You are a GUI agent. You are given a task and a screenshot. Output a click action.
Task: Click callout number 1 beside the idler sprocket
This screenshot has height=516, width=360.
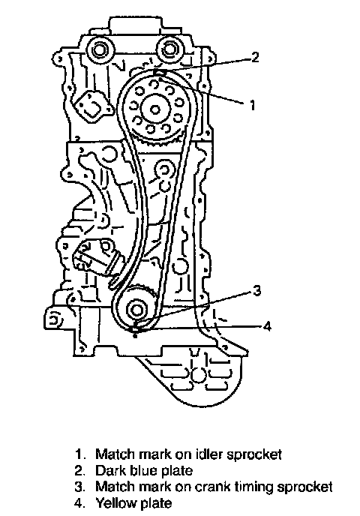[252, 105]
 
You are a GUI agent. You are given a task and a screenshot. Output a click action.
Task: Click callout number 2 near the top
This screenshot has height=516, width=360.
[255, 58]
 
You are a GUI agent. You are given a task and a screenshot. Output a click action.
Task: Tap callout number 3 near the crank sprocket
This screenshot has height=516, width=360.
[256, 290]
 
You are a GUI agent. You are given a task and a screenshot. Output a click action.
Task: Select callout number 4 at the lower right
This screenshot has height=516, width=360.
[267, 327]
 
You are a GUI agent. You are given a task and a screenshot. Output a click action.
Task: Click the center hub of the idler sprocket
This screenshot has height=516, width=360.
[156, 109]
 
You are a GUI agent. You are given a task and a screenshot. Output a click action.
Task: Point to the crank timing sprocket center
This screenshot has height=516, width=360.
[136, 310]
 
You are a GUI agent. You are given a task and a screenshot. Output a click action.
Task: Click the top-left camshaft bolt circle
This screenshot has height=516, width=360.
[98, 51]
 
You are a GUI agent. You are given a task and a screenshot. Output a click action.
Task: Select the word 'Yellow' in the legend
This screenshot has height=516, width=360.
[115, 503]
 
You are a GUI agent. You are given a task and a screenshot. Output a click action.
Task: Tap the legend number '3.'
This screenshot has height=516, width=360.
[80, 487]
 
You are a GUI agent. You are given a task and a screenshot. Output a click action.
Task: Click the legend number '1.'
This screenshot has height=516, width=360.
[79, 454]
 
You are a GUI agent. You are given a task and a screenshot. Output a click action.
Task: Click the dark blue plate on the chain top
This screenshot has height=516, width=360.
[158, 73]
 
